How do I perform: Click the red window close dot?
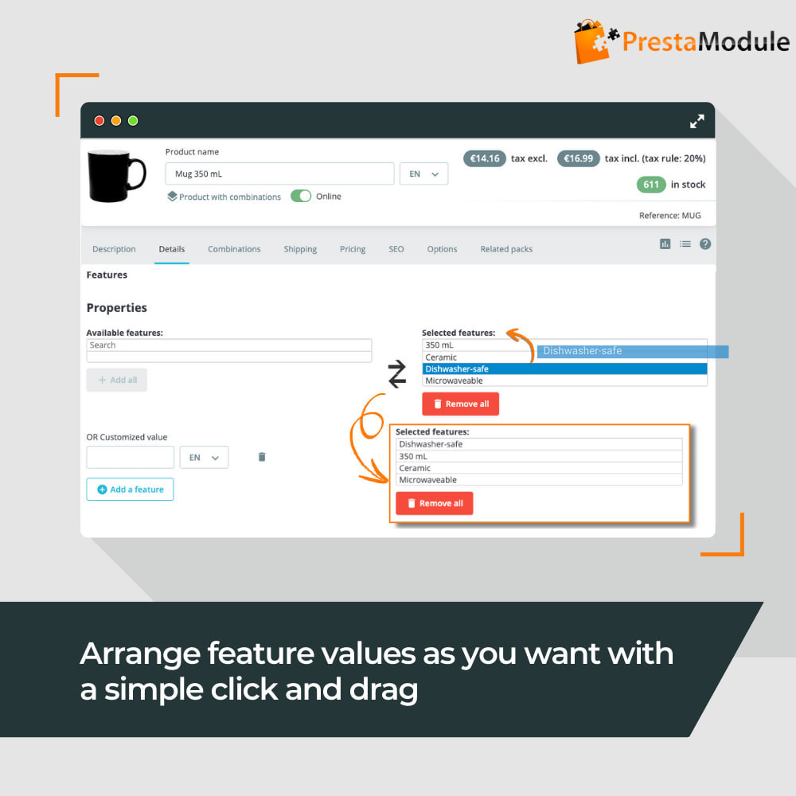pos(99,120)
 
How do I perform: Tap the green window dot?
pos(133,120)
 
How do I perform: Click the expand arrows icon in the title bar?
pos(697,121)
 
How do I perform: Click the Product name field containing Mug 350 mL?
pos(279,174)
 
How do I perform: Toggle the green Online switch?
pos(301,196)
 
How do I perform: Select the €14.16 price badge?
pos(485,158)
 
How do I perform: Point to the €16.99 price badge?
pos(578,158)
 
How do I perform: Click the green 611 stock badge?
pos(651,185)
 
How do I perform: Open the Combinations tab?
pos(234,249)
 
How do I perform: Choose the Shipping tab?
pos(300,249)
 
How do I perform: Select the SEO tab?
pos(396,249)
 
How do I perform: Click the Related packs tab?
pos(506,249)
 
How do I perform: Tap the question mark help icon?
pos(705,244)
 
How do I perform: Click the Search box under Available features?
pos(229,345)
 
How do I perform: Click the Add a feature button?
pos(130,490)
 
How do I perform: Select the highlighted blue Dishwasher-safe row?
pos(564,369)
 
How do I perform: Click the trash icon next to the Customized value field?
pos(262,457)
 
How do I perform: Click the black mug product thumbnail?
pos(117,176)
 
